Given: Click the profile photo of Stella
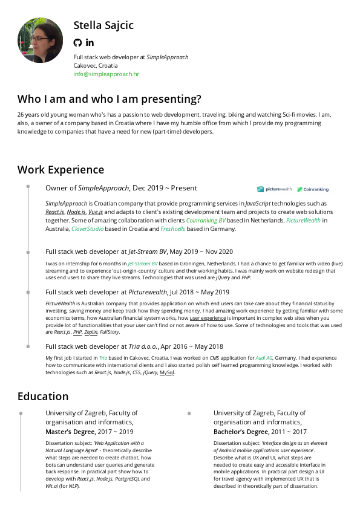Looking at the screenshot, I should (x=41, y=41).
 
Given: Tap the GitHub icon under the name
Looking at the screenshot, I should (x=77, y=42).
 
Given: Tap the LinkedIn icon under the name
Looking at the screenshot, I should (x=90, y=42).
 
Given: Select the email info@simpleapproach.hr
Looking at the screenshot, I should (x=106, y=74).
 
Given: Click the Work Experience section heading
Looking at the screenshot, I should (x=61, y=170).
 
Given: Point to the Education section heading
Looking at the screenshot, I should (x=43, y=397).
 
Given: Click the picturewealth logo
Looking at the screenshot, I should (x=274, y=189).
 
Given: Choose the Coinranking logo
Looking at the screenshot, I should (x=312, y=189).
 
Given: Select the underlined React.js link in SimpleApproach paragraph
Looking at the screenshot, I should (x=55, y=213).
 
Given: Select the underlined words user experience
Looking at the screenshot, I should (x=208, y=317).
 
